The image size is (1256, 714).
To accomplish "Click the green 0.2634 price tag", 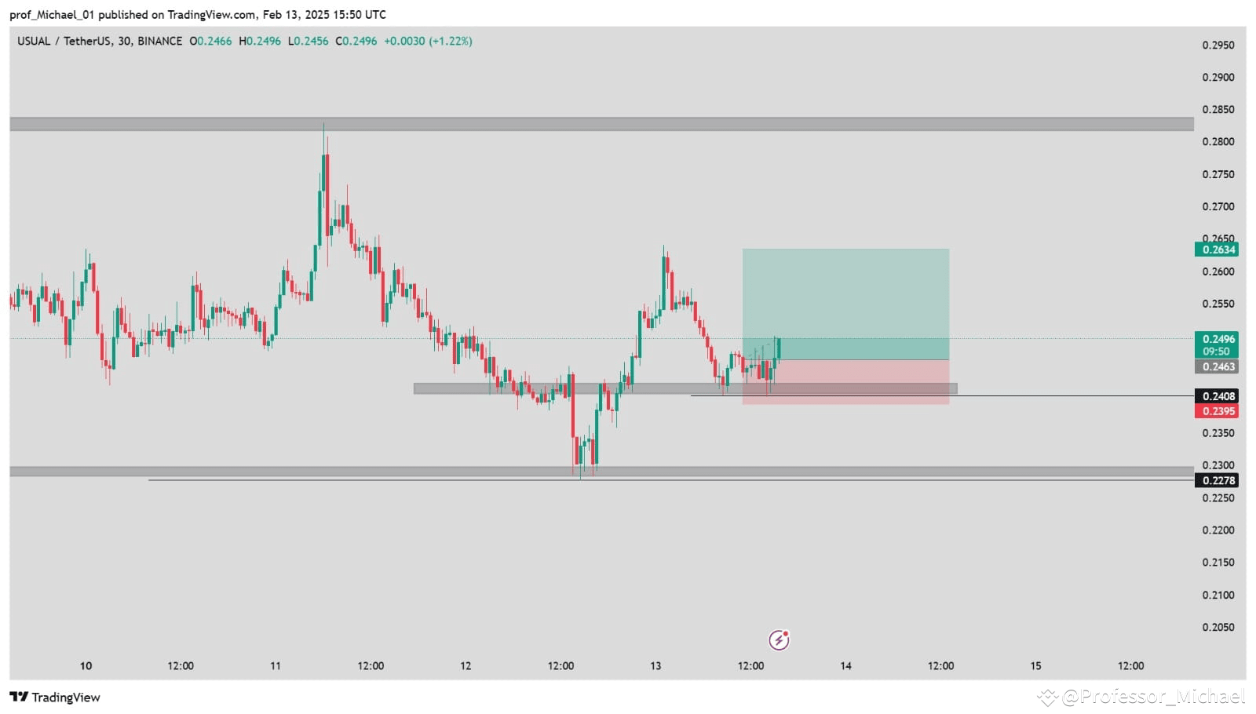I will tap(1216, 250).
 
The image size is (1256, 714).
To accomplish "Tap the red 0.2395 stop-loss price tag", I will tap(1216, 411).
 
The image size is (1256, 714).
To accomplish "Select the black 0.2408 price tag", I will tap(1216, 396).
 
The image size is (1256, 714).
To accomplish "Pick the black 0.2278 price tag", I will tap(1216, 480).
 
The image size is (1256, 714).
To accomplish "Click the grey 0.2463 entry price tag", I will tap(1216, 366).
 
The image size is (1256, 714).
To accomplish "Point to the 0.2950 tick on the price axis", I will tap(1218, 45).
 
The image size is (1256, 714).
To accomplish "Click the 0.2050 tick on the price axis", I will tap(1218, 627).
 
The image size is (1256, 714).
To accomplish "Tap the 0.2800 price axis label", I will tap(1218, 142).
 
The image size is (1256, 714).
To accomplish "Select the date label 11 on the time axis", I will tap(276, 665).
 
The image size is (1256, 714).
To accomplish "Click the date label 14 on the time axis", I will tap(845, 665).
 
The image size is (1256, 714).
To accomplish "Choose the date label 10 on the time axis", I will tap(86, 665).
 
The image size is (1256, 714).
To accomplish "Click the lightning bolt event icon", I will tap(779, 640).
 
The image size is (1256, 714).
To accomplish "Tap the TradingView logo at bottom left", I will tap(55, 697).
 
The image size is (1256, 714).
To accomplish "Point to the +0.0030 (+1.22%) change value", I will tap(428, 41).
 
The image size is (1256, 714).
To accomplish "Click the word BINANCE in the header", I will tap(159, 41).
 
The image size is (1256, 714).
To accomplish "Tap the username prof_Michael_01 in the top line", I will tap(52, 14).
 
